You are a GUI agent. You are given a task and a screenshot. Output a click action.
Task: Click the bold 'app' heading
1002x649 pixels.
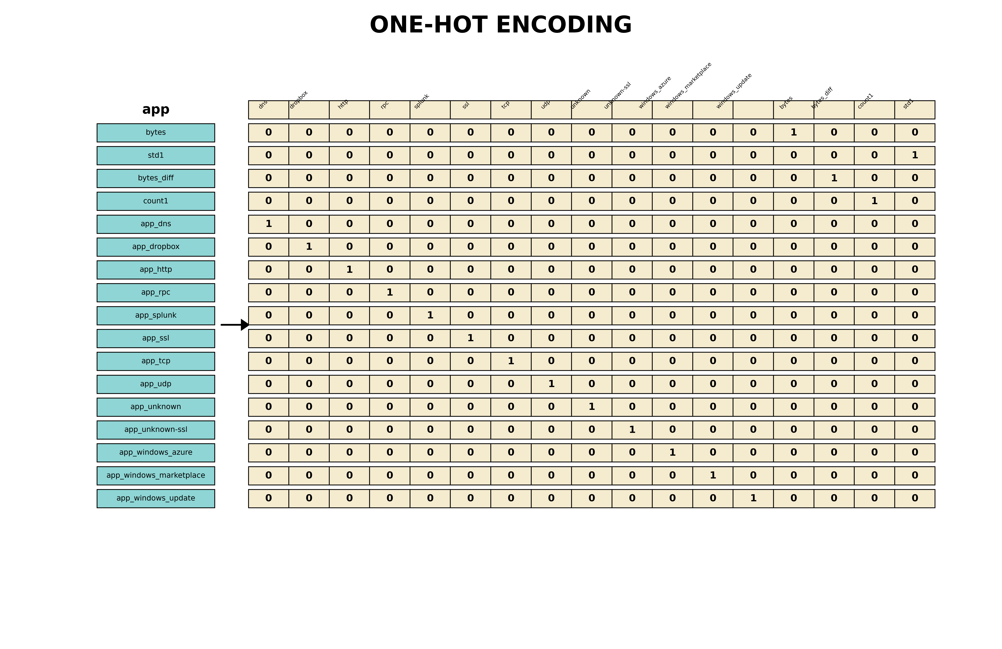pos(156,110)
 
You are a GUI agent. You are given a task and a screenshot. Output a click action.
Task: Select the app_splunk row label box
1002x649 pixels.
pos(156,316)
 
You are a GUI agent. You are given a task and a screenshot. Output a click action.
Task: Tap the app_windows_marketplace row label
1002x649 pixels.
pos(156,475)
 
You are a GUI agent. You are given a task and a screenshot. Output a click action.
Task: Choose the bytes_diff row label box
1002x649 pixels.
pos(156,178)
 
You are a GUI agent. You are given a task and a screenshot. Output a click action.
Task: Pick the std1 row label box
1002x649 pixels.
pos(156,156)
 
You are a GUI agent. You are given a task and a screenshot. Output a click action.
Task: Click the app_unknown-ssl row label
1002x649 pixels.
pos(156,430)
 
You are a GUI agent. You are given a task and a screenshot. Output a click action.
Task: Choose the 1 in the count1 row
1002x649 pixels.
pos(874,201)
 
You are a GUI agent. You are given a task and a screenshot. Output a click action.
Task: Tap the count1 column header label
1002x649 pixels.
pos(866,101)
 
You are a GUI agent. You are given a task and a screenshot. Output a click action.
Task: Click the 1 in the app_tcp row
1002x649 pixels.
pos(511,361)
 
